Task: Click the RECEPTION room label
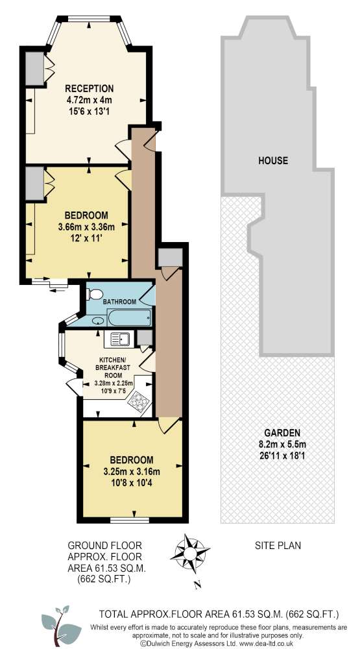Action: click(x=89, y=88)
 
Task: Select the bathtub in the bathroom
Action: click(x=129, y=318)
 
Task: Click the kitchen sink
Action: click(x=117, y=339)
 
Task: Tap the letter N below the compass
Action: click(x=198, y=585)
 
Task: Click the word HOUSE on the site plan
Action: click(x=272, y=160)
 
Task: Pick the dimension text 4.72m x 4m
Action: click(x=89, y=100)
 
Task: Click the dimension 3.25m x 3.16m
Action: click(x=132, y=471)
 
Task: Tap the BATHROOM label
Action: click(x=119, y=302)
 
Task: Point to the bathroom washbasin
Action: click(x=98, y=320)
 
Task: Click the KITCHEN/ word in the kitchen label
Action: click(x=112, y=360)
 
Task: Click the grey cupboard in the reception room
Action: click(x=35, y=68)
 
